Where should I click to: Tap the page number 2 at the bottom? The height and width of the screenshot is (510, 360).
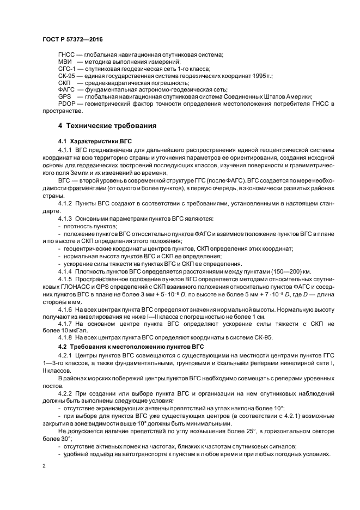[43, 467]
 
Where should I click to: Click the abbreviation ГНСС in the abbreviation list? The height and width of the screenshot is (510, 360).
[66, 54]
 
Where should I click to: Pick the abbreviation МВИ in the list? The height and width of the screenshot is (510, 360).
[65, 62]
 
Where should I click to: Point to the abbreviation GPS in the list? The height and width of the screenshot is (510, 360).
[64, 96]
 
